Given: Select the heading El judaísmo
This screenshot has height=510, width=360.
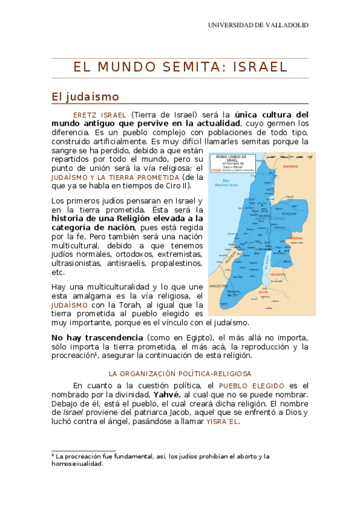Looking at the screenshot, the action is tap(85, 97).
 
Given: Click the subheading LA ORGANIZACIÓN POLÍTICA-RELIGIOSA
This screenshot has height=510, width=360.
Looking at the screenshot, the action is tap(180, 373).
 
